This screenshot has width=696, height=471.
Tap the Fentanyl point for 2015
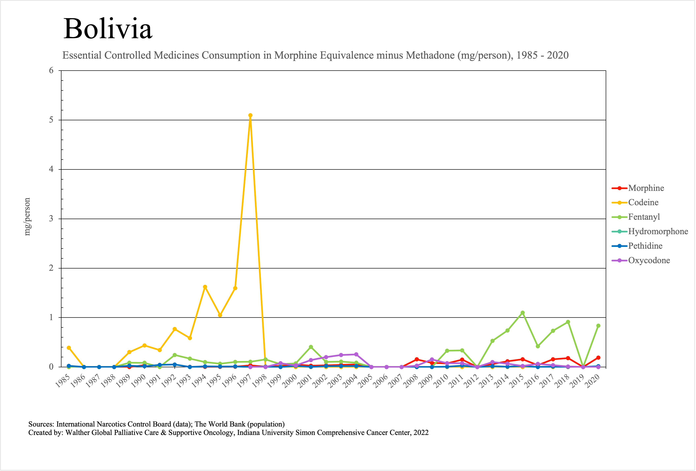click(x=523, y=313)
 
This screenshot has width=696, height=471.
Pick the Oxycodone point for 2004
click(x=356, y=354)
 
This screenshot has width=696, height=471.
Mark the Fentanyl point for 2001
click(x=311, y=347)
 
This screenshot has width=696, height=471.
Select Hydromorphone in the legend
click(x=658, y=231)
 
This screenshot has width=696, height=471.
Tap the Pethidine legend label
click(x=645, y=246)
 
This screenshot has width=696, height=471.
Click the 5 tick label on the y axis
click(x=51, y=120)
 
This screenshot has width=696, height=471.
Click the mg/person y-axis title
click(x=27, y=217)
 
